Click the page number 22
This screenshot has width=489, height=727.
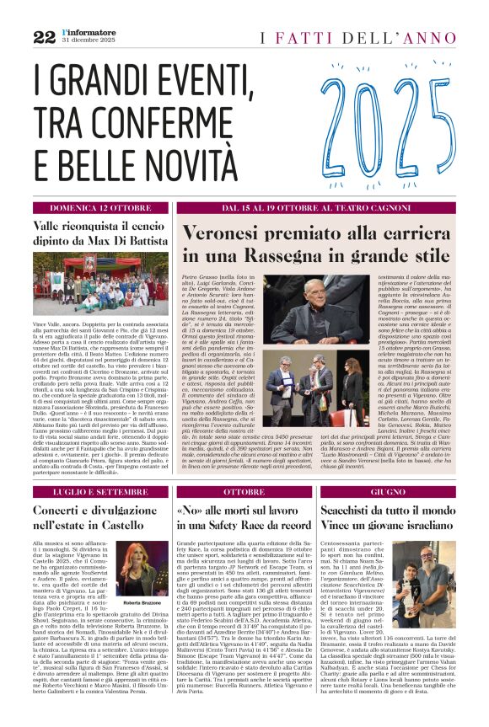point(44,36)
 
